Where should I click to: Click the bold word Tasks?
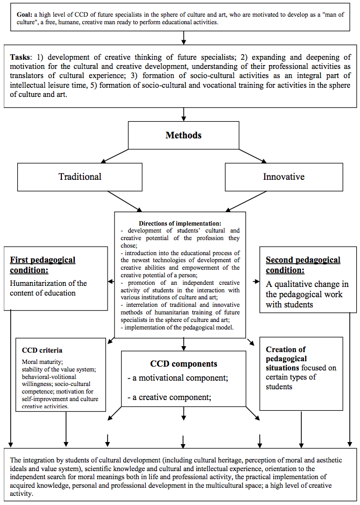(x=21, y=57)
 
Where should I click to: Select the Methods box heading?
(x=183, y=135)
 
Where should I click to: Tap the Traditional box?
(x=80, y=177)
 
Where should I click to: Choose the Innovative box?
(x=284, y=177)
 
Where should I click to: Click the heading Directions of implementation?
(x=180, y=223)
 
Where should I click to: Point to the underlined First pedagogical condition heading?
(x=43, y=265)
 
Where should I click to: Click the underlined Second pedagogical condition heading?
(x=303, y=265)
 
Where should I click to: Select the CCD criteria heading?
(x=42, y=350)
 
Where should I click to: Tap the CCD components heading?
(x=183, y=364)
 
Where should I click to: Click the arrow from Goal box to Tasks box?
(x=183, y=37)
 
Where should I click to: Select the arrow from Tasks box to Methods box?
(x=183, y=114)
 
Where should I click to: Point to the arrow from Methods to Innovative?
(x=252, y=156)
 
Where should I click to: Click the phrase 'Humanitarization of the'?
(x=48, y=283)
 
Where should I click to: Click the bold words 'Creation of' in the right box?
(x=286, y=349)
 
